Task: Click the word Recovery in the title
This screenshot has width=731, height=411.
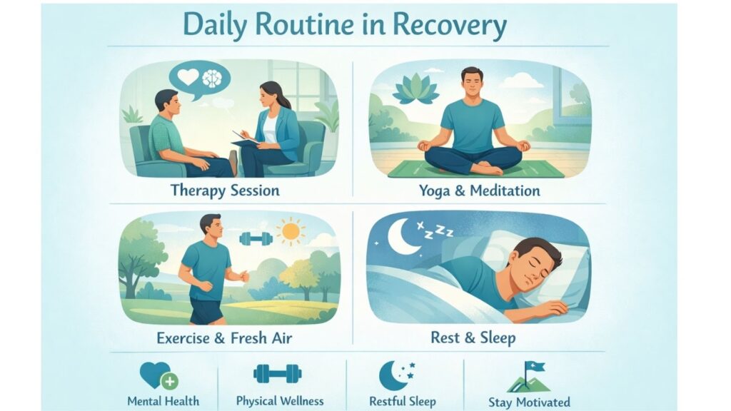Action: [x=450, y=25]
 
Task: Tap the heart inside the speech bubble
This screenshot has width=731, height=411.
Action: [x=188, y=77]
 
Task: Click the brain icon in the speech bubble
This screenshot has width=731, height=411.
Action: [x=213, y=78]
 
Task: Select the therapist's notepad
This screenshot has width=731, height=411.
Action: [x=246, y=138]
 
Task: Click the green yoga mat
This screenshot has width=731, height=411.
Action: [x=475, y=168]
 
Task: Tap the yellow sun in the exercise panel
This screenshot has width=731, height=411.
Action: [x=291, y=231]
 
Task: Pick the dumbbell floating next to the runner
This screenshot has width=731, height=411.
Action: [x=256, y=238]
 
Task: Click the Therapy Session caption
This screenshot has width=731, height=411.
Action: [x=225, y=191]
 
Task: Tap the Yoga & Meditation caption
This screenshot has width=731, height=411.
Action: [x=479, y=191]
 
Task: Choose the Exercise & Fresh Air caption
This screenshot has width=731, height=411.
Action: [x=224, y=338]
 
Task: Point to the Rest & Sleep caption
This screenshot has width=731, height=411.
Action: [x=473, y=338]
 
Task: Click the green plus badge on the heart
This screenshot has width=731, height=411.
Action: [x=170, y=382]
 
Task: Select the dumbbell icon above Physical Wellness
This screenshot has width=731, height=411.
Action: [x=278, y=374]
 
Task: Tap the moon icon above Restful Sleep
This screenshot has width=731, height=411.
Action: [x=393, y=375]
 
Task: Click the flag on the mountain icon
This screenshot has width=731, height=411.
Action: [x=535, y=367]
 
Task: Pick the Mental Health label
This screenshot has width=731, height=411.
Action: [x=163, y=401]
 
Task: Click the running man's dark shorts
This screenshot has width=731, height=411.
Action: [x=206, y=311]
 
